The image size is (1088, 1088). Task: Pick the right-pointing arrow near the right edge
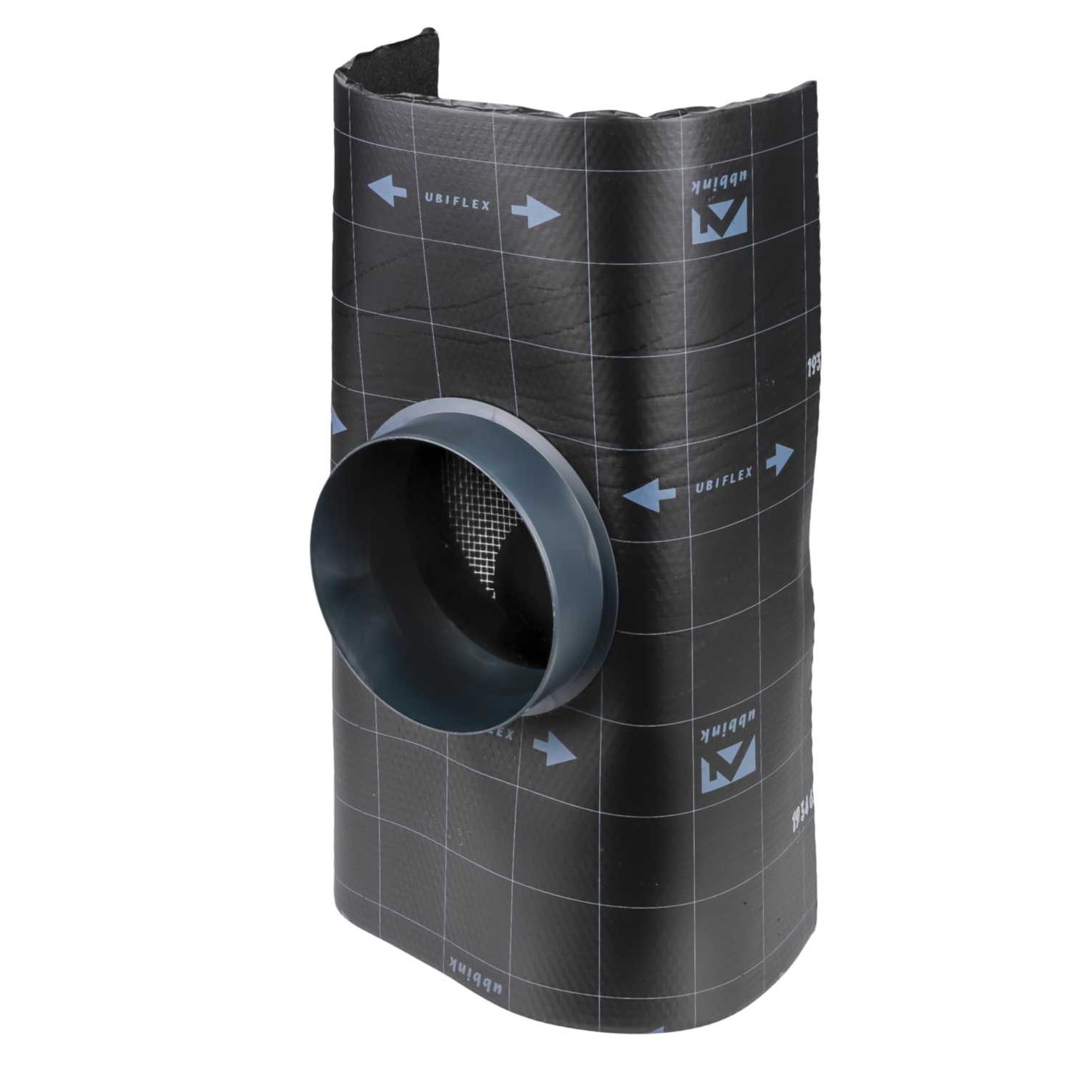[778, 459]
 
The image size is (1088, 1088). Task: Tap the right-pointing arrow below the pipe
[554, 747]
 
